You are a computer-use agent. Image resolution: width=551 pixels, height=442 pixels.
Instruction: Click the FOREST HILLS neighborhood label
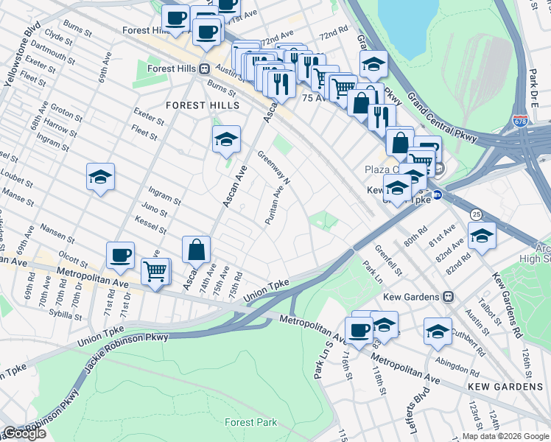pos(203,105)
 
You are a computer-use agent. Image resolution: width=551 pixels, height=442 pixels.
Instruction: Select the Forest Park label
pos(251,422)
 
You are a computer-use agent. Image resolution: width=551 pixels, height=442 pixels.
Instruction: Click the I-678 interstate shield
pos(521,121)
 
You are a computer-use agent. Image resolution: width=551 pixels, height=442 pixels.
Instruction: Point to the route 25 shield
pos(477,214)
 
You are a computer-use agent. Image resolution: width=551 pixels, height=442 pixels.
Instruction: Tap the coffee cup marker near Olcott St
pos(120,256)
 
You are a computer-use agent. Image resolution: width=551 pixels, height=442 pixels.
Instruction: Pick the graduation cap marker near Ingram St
pos(100,177)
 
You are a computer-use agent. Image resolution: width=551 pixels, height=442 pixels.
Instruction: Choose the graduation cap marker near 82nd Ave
pos(482,235)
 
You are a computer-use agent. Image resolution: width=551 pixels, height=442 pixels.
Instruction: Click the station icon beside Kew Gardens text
pos(447,297)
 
